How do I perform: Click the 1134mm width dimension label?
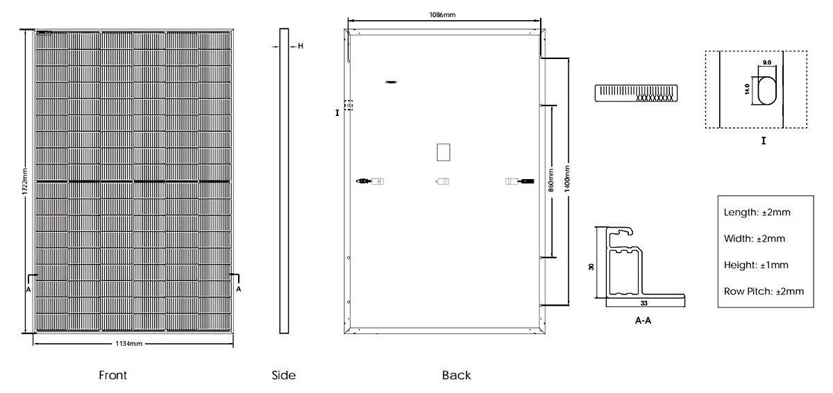[131, 344]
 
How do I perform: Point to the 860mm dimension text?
[551, 180]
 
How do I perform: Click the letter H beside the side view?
[301, 47]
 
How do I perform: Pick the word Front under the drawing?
[112, 376]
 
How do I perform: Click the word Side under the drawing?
[283, 376]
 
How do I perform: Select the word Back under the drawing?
[456, 376]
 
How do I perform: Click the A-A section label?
[643, 321]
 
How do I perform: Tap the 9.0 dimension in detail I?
[767, 62]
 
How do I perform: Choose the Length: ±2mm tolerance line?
[757, 212]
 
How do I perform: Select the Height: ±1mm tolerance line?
[756, 265]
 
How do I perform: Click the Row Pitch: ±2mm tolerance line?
[764, 292]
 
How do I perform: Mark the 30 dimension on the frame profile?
[591, 267]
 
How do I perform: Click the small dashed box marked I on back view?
[348, 106]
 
